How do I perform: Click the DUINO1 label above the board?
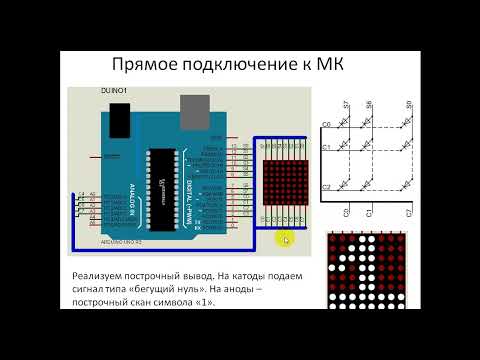pyautogui.click(x=113, y=91)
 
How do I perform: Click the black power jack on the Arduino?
pyautogui.click(x=118, y=119)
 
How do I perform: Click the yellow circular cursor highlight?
pyautogui.click(x=285, y=239)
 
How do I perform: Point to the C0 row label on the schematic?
pyautogui.click(x=326, y=123)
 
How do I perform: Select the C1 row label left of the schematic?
pyautogui.click(x=326, y=148)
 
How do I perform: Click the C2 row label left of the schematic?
pyautogui.click(x=326, y=187)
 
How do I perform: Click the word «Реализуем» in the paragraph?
pyautogui.click(x=102, y=275)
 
